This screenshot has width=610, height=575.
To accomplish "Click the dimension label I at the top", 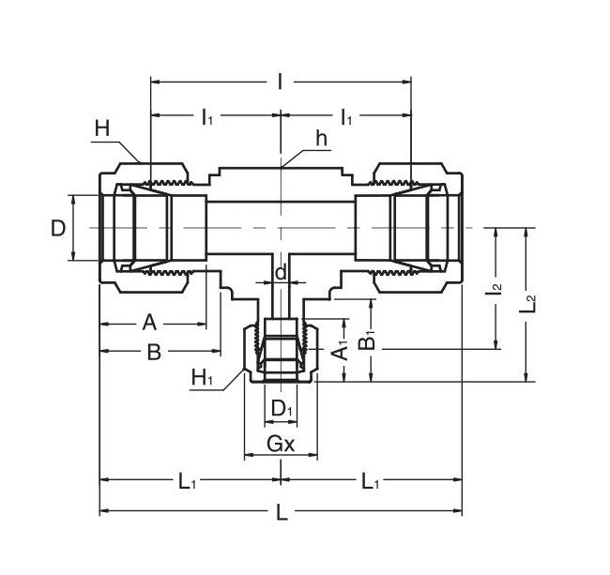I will pyautogui.click(x=281, y=82).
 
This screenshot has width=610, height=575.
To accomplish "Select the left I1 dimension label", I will pyautogui.click(x=206, y=117).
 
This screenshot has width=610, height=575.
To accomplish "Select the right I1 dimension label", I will pyautogui.click(x=347, y=117).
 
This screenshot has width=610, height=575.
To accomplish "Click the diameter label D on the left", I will pyautogui.click(x=58, y=228).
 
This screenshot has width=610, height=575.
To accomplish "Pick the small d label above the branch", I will pyautogui.click(x=281, y=273).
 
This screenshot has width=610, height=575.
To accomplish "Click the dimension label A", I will pyautogui.click(x=148, y=324).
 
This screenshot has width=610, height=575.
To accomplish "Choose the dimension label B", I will pyautogui.click(x=155, y=353).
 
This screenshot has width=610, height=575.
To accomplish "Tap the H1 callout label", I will pyautogui.click(x=202, y=378).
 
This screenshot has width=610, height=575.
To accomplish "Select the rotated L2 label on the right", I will pyautogui.click(x=530, y=304).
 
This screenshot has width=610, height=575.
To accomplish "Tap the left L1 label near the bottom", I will pyautogui.click(x=188, y=481).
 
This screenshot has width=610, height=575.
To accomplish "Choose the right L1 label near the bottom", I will pyautogui.click(x=372, y=481).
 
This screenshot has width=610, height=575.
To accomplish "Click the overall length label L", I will pyautogui.click(x=281, y=513).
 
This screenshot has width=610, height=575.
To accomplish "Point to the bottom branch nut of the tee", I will pyautogui.click(x=281, y=352).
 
